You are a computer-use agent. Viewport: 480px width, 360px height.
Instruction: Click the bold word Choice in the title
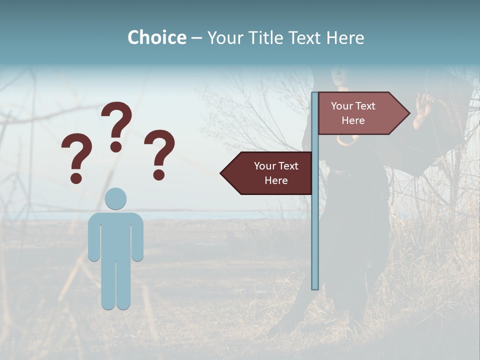tap(156, 37)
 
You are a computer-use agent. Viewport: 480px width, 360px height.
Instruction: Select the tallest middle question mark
tap(116, 122)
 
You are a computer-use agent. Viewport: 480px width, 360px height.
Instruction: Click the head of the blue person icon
tap(115, 198)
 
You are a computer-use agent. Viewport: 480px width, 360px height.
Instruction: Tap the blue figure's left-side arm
tap(93, 237)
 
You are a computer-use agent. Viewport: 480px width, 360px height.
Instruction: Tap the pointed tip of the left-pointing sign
tap(222, 173)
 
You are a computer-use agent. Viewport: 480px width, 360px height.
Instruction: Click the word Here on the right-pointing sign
tap(353, 120)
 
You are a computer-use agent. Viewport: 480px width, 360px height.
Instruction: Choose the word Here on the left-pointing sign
tap(276, 180)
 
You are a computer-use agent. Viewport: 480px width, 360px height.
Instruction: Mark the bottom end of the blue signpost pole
tap(315, 287)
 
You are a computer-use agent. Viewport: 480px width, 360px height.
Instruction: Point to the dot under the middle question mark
tap(116, 146)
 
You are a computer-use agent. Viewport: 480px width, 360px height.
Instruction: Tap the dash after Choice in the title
tap(196, 38)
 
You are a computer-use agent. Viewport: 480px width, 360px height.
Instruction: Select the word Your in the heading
tap(224, 37)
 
